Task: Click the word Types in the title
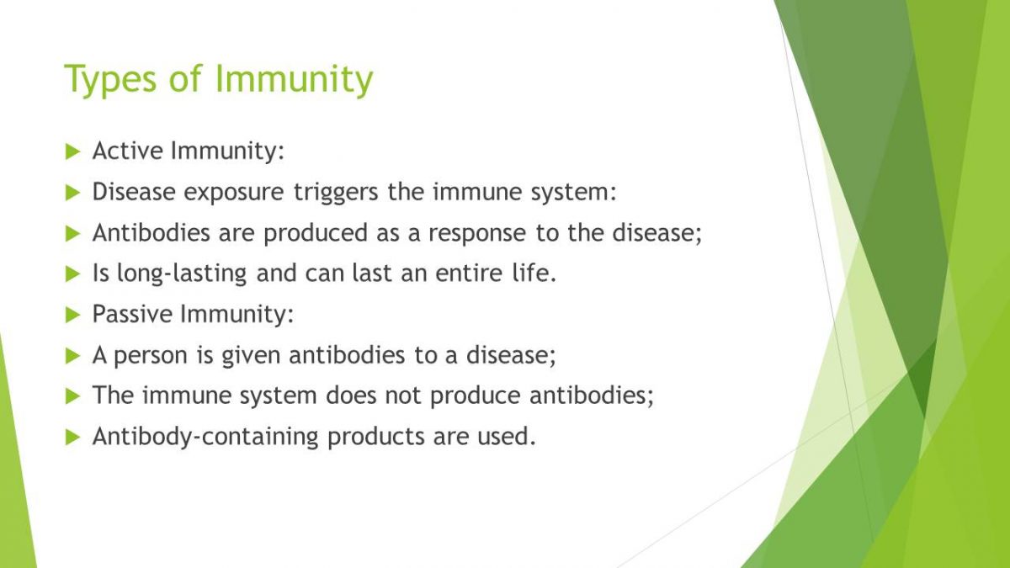coord(111,79)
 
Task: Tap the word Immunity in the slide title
coord(295,79)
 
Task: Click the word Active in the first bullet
coord(128,150)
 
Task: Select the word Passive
coord(132,313)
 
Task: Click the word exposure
coord(234,193)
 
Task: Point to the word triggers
coord(336,193)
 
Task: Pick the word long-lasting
coord(182,274)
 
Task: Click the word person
coord(150,356)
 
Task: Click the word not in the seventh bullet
coord(402,395)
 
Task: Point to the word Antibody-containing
coord(205,438)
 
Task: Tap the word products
coord(376,438)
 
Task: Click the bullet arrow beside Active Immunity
coord(72,151)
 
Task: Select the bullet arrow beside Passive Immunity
coord(72,315)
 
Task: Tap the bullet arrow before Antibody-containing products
coord(72,437)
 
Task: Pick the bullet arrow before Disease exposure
coord(72,193)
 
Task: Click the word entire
coord(469,273)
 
